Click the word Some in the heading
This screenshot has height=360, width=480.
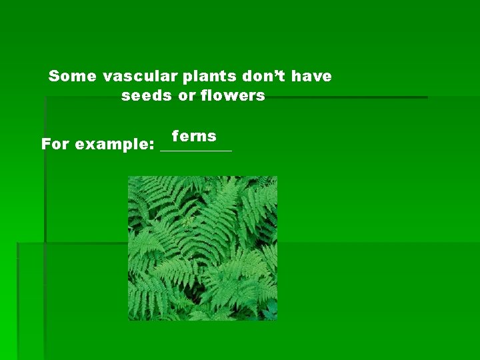coord(72,77)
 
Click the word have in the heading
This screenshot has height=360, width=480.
coord(311,77)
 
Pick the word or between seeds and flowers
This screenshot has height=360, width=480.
coord(186,96)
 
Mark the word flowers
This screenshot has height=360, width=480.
coord(231,96)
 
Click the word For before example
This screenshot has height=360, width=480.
coord(56,145)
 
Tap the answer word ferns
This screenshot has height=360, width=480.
coord(194,137)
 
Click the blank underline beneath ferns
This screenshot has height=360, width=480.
coord(196,151)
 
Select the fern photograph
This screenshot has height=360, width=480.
coord(203,248)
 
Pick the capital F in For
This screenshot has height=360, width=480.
coord(46,145)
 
